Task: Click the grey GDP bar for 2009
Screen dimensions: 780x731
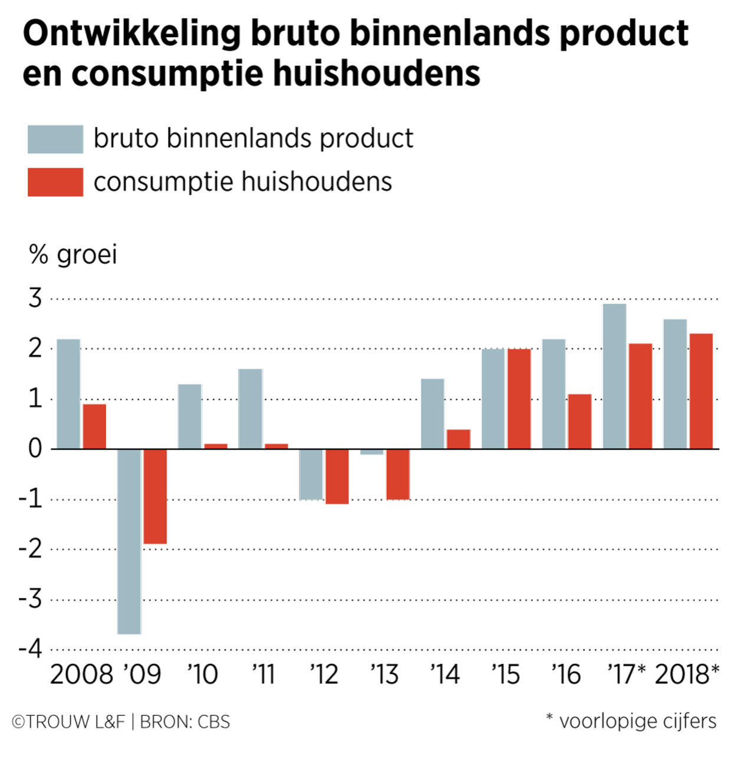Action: (x=129, y=541)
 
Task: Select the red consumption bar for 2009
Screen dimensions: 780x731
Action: (x=155, y=496)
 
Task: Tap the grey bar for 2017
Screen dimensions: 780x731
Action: (x=614, y=376)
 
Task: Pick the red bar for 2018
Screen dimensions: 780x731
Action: (x=701, y=391)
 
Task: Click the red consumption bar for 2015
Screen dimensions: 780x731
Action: (x=519, y=399)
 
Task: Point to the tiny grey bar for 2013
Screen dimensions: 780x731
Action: (x=371, y=452)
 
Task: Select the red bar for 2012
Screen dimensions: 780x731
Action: (x=337, y=476)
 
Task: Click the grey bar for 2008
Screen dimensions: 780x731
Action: (x=68, y=394)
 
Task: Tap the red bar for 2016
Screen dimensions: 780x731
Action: (x=579, y=421)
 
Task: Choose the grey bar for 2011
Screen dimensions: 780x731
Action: (x=251, y=409)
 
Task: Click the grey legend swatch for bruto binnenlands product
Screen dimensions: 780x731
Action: (x=55, y=139)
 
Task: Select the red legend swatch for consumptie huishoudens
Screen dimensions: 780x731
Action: (x=55, y=182)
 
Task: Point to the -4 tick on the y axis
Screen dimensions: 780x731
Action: (x=31, y=649)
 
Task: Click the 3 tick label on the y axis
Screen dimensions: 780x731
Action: (x=35, y=299)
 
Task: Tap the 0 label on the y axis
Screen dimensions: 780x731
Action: (x=35, y=449)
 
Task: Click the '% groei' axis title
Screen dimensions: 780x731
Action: (x=73, y=255)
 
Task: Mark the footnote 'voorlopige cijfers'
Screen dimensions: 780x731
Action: (x=637, y=721)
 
